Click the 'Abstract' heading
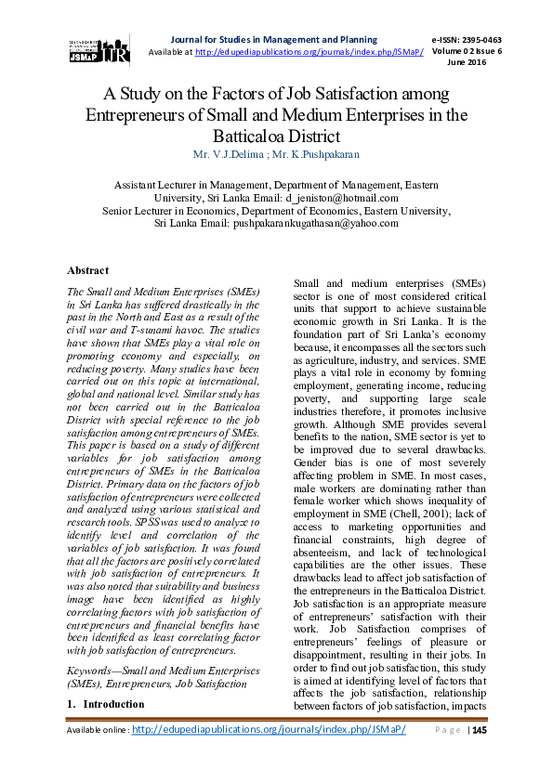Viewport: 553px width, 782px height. click(x=88, y=270)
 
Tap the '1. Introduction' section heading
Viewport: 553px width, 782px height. click(x=106, y=704)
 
